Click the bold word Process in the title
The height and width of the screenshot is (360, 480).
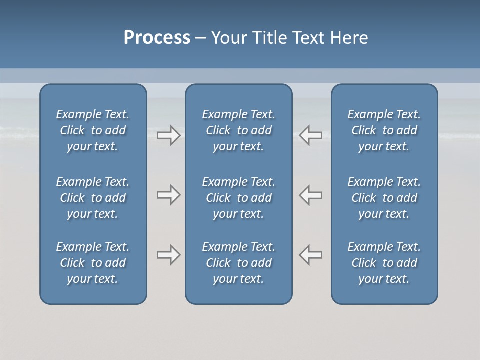click(x=157, y=38)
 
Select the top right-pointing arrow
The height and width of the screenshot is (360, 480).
click(x=168, y=135)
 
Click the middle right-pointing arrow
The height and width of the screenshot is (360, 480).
click(x=168, y=195)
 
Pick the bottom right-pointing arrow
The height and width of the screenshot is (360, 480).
click(x=168, y=255)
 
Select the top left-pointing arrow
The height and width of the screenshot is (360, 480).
click(x=310, y=135)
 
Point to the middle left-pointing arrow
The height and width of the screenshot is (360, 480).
click(x=310, y=195)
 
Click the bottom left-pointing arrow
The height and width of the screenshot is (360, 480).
click(x=310, y=255)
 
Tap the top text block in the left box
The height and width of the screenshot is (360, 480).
click(x=93, y=130)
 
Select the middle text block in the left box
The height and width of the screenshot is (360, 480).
click(x=93, y=198)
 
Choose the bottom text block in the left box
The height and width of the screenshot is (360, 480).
click(x=93, y=263)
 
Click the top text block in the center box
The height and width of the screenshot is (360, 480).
click(x=238, y=130)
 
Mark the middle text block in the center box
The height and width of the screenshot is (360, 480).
click(x=238, y=198)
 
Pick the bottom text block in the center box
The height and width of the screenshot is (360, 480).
click(x=238, y=263)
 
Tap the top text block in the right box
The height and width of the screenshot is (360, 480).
click(x=384, y=130)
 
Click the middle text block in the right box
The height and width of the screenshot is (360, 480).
click(x=384, y=198)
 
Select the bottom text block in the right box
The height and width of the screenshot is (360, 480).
click(x=384, y=263)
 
